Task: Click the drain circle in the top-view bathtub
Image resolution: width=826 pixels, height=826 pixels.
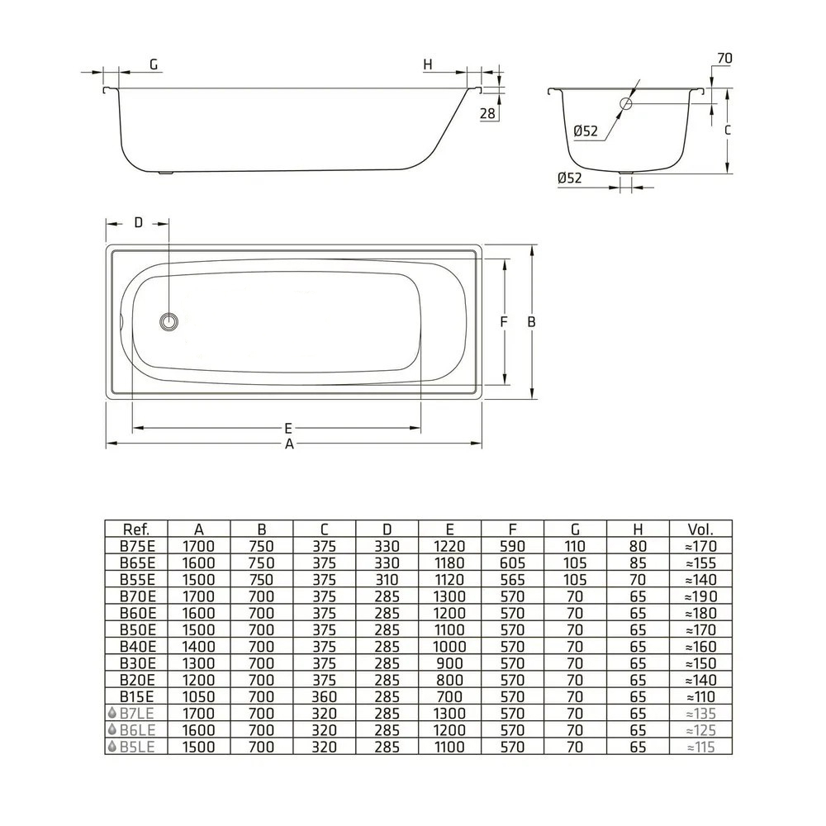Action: pyautogui.click(x=169, y=321)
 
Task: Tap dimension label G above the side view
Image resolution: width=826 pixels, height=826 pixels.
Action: pyautogui.click(x=154, y=64)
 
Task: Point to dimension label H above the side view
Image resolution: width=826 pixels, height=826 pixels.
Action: pyautogui.click(x=428, y=64)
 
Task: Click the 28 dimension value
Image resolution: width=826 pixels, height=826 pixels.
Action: pyautogui.click(x=488, y=113)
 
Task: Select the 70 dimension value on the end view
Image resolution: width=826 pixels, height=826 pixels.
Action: pyautogui.click(x=725, y=59)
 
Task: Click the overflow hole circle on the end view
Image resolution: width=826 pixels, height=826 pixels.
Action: pyautogui.click(x=626, y=104)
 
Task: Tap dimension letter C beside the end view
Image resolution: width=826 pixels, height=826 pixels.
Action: pyautogui.click(x=728, y=130)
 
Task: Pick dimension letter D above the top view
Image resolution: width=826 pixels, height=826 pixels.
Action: pyautogui.click(x=139, y=223)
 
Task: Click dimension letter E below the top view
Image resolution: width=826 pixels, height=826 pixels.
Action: pyautogui.click(x=288, y=428)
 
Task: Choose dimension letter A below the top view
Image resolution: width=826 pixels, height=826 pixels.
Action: pyautogui.click(x=289, y=444)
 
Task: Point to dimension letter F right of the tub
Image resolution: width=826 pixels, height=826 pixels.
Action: pyautogui.click(x=504, y=322)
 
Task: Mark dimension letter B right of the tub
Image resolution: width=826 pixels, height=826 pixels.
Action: pyautogui.click(x=531, y=322)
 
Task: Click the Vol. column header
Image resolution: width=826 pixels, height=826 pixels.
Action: pyautogui.click(x=700, y=529)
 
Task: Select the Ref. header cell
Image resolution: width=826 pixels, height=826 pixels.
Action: pyautogui.click(x=136, y=529)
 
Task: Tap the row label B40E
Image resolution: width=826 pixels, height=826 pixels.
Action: pyautogui.click(x=137, y=647)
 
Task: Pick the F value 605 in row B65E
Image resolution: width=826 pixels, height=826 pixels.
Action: pyautogui.click(x=512, y=563)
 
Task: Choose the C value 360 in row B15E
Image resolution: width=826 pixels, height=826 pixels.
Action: pyautogui.click(x=324, y=697)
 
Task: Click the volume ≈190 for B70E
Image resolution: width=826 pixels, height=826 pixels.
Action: pyautogui.click(x=701, y=596)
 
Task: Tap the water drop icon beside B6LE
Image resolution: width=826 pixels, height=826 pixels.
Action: pyautogui.click(x=112, y=729)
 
